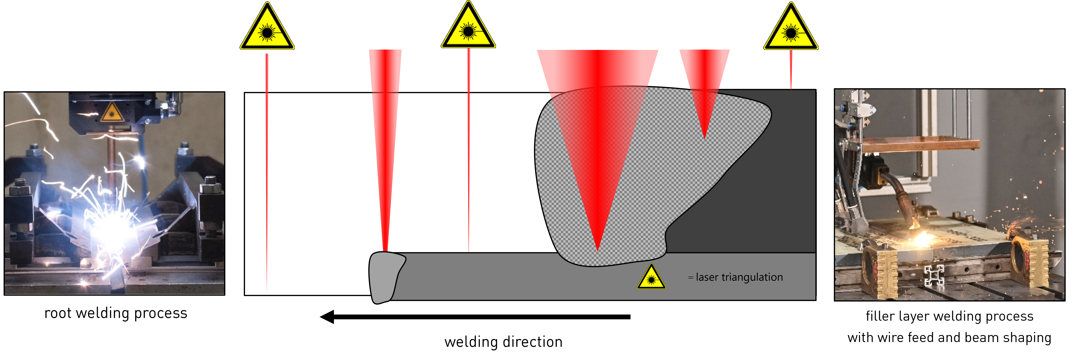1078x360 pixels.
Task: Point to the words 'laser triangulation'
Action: pos(739,277)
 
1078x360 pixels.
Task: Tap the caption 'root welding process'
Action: pos(116,313)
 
